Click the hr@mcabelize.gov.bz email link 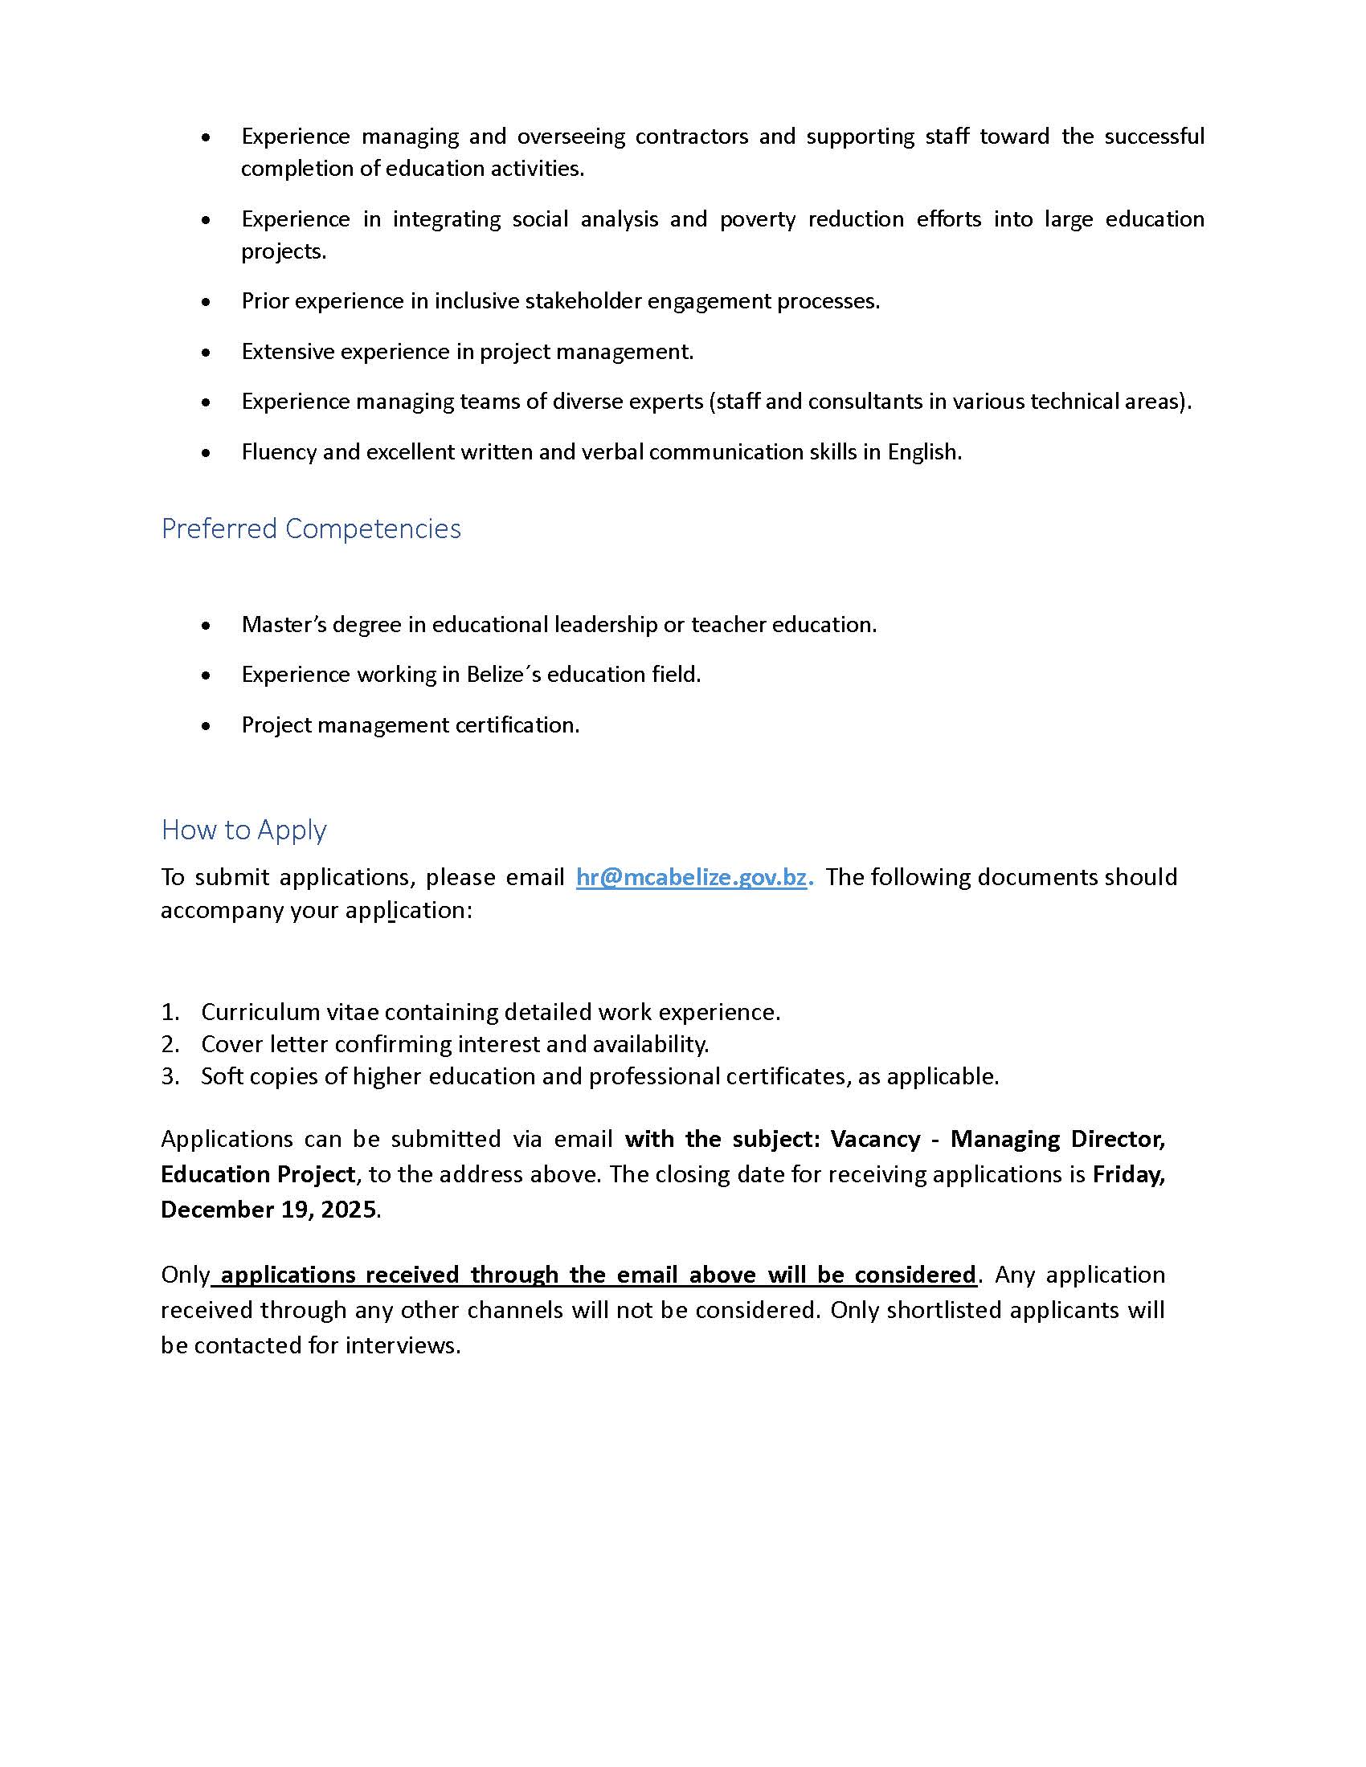691,877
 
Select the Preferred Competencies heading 311,528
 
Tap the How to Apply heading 243,830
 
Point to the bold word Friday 1128,1174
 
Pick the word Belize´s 503,675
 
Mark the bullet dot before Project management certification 207,727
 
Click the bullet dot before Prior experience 207,303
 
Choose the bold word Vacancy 876,1139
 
